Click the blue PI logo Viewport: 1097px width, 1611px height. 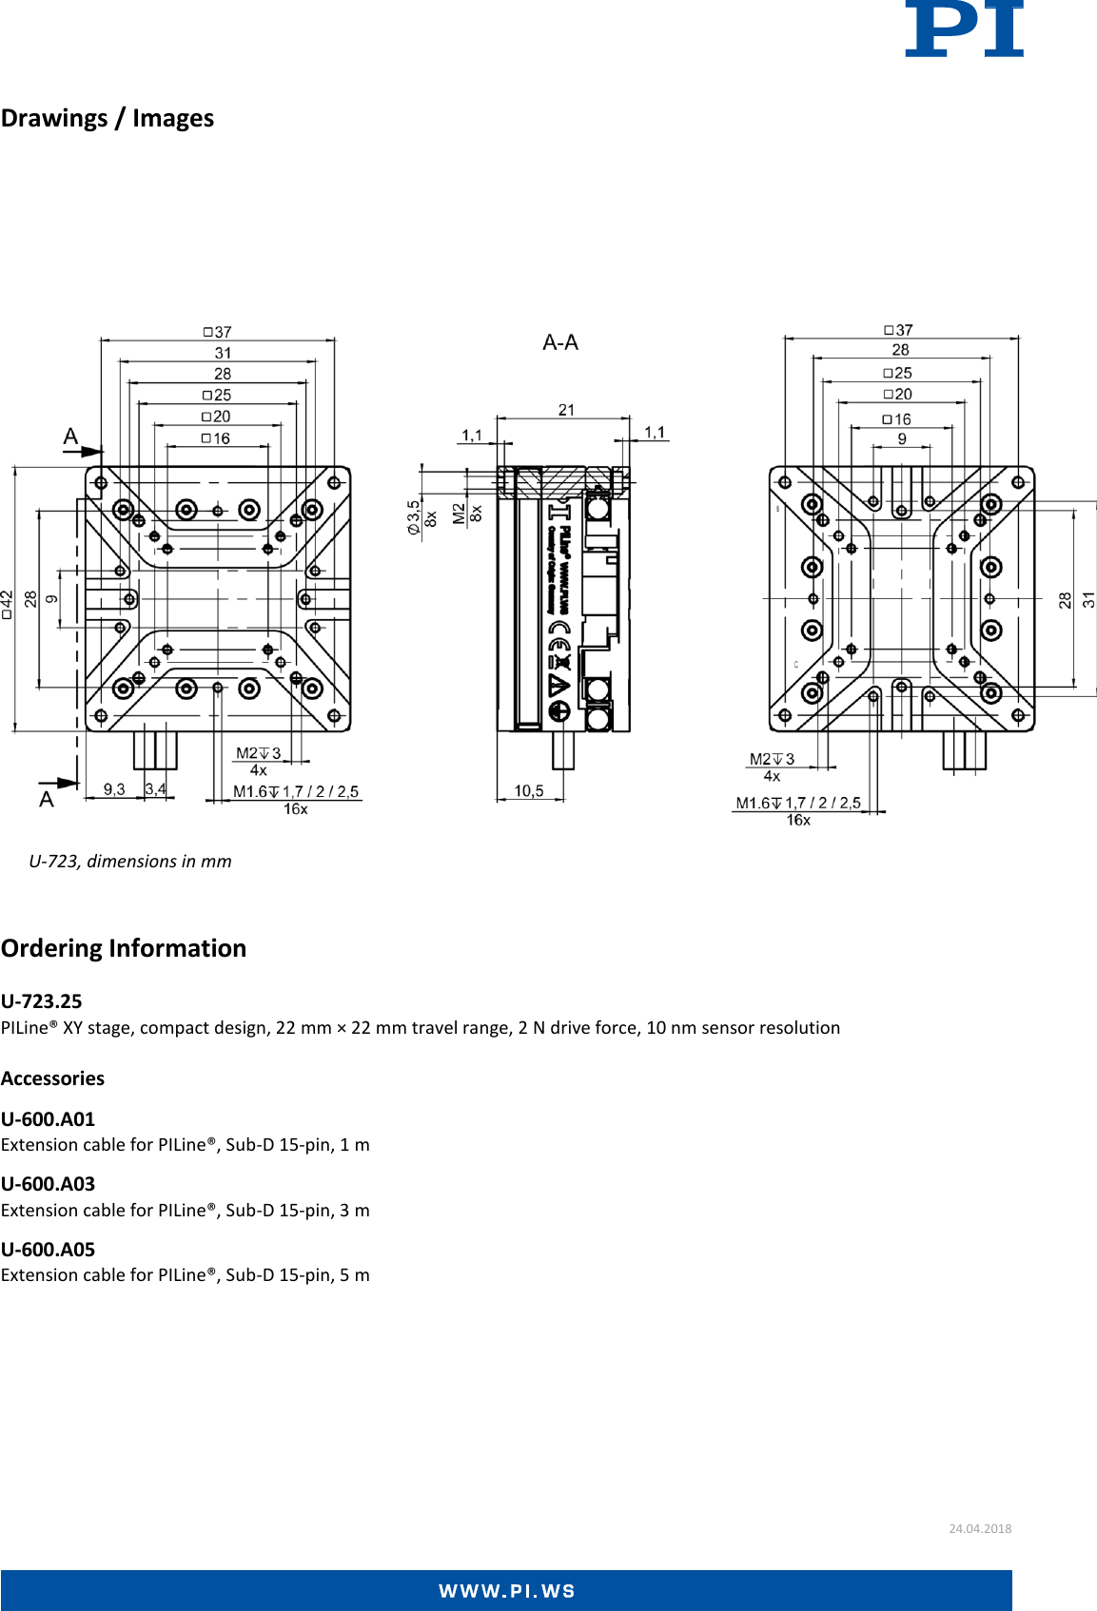coord(963,29)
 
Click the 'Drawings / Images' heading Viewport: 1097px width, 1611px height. coord(108,118)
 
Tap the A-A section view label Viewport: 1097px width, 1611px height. coord(559,342)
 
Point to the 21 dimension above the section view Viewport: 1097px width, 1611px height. coord(566,410)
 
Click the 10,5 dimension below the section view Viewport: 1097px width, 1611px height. coord(529,790)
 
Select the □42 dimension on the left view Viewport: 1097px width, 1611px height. coord(7,604)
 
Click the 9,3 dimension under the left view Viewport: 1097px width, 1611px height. coord(114,789)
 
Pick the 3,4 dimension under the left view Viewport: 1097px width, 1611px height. coord(156,789)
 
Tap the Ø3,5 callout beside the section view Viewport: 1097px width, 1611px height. coord(414,517)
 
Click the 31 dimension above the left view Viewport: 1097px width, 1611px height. coord(223,353)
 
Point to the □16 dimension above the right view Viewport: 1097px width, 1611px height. coord(896,419)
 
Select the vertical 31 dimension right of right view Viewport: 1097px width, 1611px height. coord(1088,599)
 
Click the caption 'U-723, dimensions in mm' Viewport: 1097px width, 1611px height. coord(130,861)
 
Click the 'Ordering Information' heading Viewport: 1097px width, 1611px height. coord(124,948)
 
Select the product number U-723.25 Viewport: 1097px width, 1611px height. coord(42,1000)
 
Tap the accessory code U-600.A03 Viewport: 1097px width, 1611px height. coord(49,1184)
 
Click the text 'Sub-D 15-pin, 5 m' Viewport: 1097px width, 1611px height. coord(298,1274)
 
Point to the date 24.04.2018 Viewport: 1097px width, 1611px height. coord(980,1528)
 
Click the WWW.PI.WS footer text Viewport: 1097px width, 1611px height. coord(506,1591)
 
